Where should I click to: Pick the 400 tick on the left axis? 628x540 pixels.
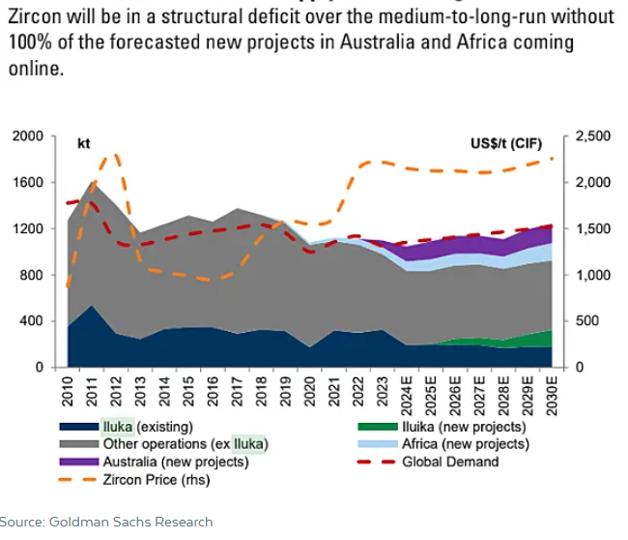click(33, 321)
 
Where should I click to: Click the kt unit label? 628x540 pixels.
click(84, 143)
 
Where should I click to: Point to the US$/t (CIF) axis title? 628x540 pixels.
click(508, 143)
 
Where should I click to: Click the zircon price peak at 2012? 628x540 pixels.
click(116, 155)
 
